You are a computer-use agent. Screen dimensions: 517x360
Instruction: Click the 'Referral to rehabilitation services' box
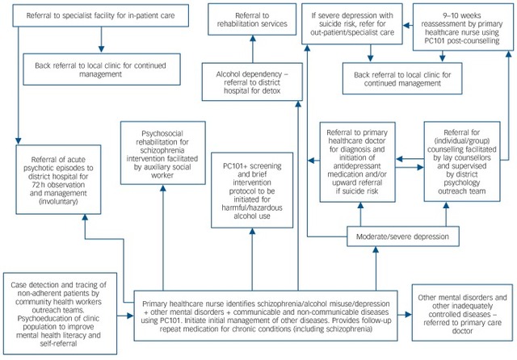pyautogui.click(x=252, y=19)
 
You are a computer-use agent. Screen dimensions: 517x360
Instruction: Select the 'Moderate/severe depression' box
pyautogui.click(x=403, y=237)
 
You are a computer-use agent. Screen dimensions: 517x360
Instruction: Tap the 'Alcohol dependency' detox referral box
pyautogui.click(x=252, y=82)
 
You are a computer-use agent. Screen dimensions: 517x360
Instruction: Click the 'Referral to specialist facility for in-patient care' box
pyautogui.click(x=100, y=15)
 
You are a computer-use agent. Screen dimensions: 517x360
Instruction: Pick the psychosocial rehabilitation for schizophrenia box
pyautogui.click(x=163, y=153)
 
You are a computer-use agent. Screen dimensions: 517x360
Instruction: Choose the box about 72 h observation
pyautogui.click(x=58, y=179)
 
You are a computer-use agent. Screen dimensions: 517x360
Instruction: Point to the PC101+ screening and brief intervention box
pyautogui.click(x=252, y=190)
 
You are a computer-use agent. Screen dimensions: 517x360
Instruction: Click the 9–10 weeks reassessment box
pyautogui.click(x=463, y=27)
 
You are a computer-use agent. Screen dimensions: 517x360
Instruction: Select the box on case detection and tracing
pyautogui.click(x=60, y=313)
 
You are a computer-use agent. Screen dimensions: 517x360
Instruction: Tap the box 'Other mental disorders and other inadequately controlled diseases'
pyautogui.click(x=462, y=313)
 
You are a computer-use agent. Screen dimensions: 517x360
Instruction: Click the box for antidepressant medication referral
pyautogui.click(x=357, y=162)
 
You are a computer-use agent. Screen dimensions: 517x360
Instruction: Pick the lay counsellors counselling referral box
pyautogui.click(x=462, y=161)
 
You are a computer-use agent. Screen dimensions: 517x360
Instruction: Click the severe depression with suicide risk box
pyautogui.click(x=352, y=23)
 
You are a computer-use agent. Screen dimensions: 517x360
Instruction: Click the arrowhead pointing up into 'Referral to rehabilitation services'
pyautogui.click(x=253, y=38)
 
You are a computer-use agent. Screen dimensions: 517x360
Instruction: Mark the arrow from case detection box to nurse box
pyautogui.click(x=125, y=316)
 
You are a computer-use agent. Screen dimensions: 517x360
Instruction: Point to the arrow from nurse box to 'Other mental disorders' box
pyautogui.click(x=405, y=315)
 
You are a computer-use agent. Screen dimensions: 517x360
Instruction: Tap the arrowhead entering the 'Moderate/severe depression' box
pyautogui.click(x=376, y=249)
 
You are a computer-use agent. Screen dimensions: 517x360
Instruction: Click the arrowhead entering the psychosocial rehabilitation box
pyautogui.click(x=163, y=188)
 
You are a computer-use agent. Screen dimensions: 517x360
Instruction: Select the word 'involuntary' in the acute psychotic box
pyautogui.click(x=58, y=202)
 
